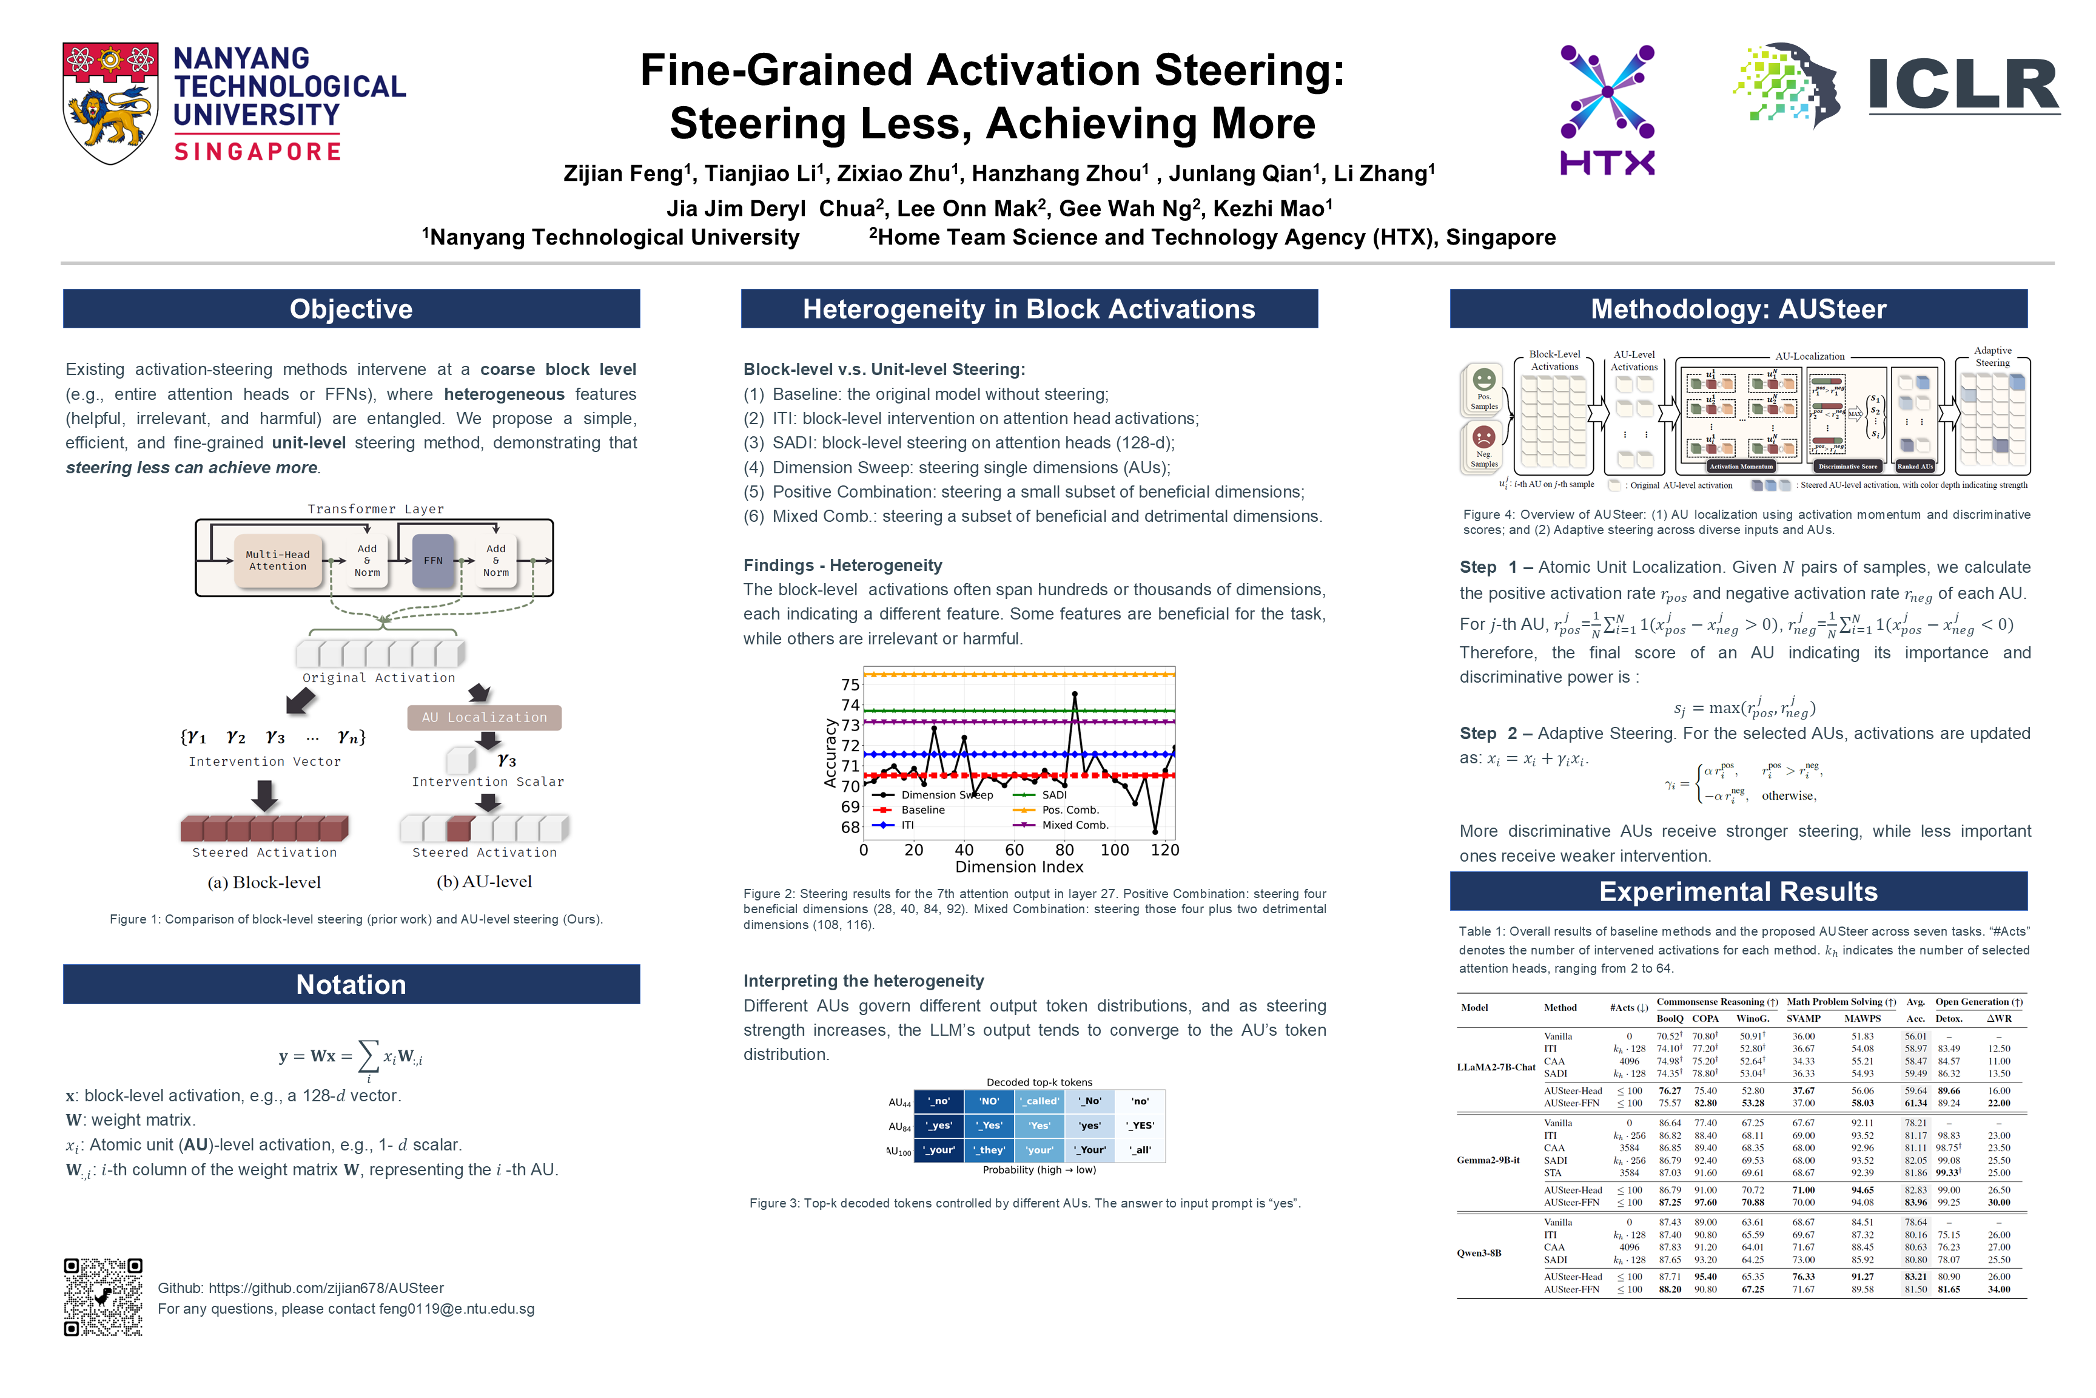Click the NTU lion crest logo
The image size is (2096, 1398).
click(110, 103)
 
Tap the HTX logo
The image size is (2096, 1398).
click(1607, 110)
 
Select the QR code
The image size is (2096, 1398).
click(103, 1297)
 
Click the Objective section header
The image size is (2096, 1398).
click(351, 308)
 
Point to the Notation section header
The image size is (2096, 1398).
click(351, 984)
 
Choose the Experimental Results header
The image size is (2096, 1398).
click(1738, 891)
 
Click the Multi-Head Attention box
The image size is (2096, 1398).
click(278, 561)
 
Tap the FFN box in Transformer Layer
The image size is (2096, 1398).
click(433, 561)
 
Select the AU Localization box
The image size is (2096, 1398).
click(484, 718)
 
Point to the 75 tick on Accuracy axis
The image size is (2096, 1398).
click(850, 684)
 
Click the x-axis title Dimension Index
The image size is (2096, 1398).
click(1019, 866)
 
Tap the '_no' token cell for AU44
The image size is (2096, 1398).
click(940, 1101)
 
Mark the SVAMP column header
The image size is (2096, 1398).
click(1804, 1018)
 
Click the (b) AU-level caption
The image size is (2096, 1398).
click(484, 882)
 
